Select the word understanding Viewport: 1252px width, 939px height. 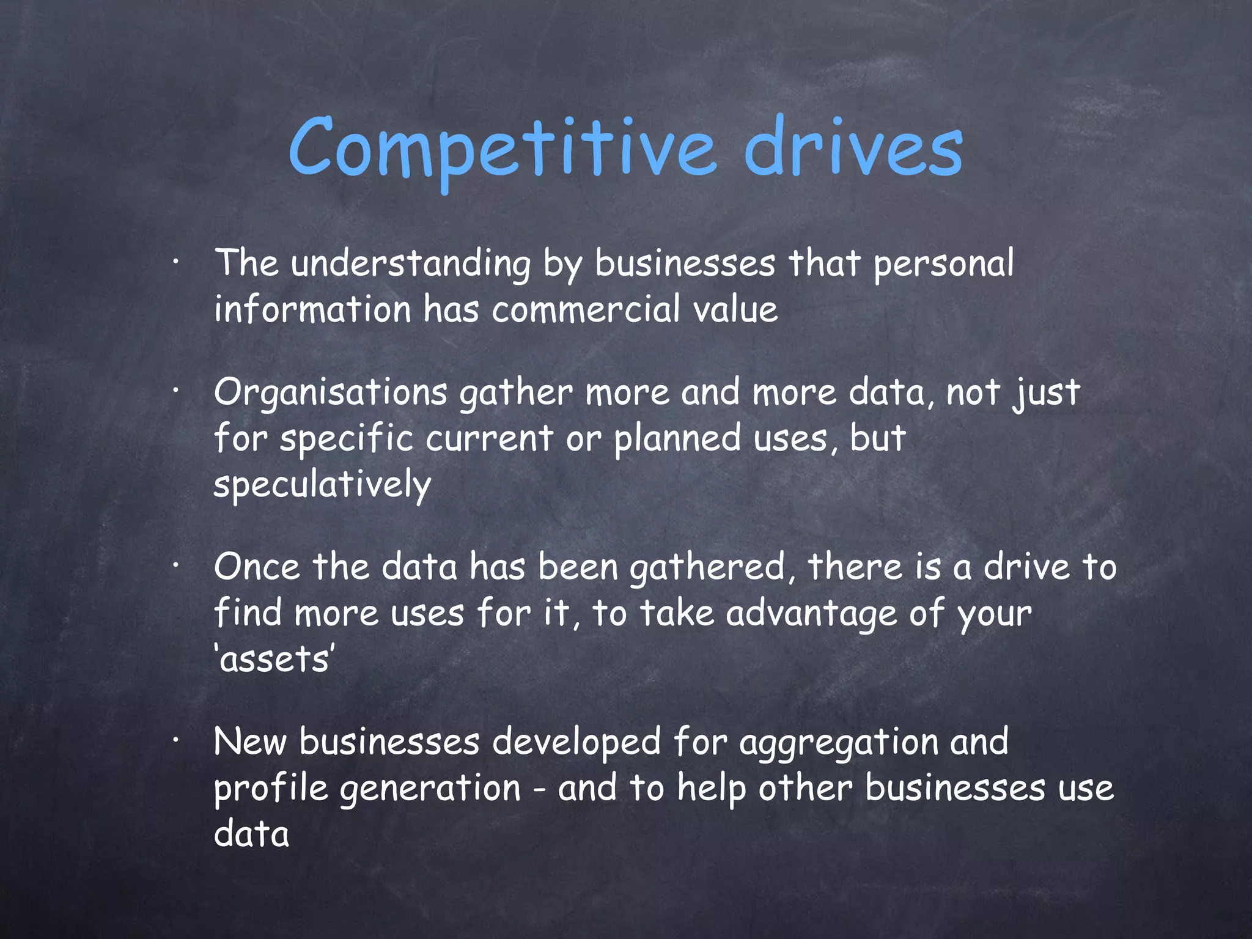click(410, 265)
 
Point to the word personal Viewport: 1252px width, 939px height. click(943, 265)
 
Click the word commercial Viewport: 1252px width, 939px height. click(586, 309)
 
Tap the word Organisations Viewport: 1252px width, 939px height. click(331, 393)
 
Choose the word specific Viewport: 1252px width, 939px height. click(347, 439)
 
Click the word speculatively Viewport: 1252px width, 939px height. click(322, 485)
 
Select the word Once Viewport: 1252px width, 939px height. click(257, 567)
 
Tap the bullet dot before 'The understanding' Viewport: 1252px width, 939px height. click(175, 263)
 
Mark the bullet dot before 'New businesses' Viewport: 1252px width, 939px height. click(175, 742)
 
